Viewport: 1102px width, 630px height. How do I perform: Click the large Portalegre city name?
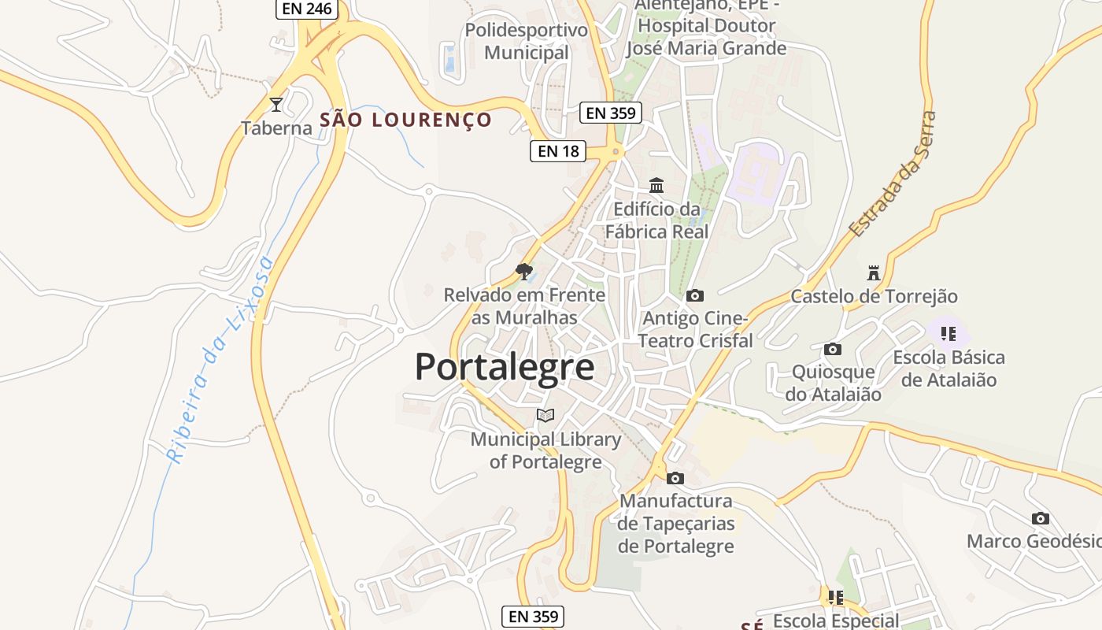tap(505, 367)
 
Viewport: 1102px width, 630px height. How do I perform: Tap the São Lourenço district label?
tap(405, 120)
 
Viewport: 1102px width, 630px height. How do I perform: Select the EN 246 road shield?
tap(307, 9)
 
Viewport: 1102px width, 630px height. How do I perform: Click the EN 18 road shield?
tap(558, 150)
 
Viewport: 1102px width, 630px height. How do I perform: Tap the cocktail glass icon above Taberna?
tap(276, 104)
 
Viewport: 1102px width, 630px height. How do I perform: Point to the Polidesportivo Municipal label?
tap(527, 42)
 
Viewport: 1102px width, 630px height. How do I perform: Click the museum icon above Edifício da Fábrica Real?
tap(656, 186)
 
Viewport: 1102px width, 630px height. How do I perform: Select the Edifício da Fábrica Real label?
tap(656, 220)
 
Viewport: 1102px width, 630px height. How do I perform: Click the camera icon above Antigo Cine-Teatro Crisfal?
tap(695, 295)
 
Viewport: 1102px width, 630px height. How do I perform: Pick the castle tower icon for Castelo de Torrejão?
tap(873, 273)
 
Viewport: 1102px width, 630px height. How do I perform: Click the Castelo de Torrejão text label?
tap(874, 297)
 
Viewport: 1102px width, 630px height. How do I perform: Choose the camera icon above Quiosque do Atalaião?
tap(833, 349)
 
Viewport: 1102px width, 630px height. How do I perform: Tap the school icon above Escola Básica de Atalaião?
tap(949, 334)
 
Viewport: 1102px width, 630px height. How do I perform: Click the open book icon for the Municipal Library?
tap(545, 415)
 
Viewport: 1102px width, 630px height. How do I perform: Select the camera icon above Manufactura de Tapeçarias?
tap(675, 478)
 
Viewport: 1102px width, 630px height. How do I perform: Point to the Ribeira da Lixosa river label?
tap(220, 358)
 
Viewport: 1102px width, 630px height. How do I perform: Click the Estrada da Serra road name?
tap(894, 175)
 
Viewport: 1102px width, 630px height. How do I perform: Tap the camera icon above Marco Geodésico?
tap(1041, 518)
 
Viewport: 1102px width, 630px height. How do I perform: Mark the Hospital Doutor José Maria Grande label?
tap(706, 37)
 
